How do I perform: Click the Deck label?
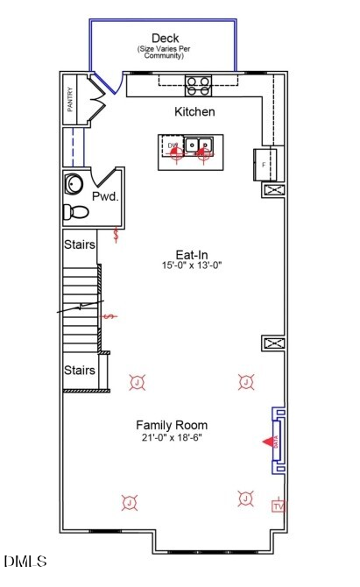166,38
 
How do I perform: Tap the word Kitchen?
194,112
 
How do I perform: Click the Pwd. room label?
105,197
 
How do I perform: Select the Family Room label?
171,425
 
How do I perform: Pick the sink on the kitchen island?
199,145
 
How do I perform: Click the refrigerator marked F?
265,163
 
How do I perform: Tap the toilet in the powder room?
76,211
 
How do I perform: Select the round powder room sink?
73,184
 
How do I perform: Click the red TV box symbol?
279,506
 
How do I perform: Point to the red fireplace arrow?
268,442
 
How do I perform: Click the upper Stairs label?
79,244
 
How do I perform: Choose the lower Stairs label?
79,371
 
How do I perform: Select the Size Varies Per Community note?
166,53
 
